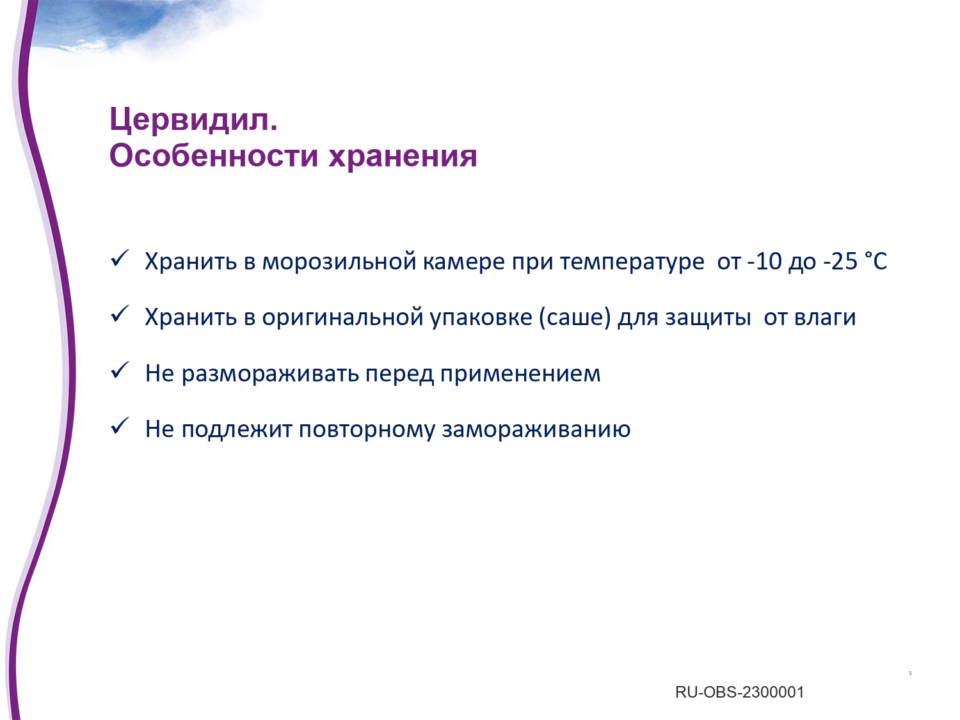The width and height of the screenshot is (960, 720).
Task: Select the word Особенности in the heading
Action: (x=213, y=156)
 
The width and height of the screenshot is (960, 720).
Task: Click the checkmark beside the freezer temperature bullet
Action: (x=120, y=258)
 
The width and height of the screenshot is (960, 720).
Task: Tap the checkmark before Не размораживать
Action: (x=120, y=370)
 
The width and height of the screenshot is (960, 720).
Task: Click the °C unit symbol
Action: (x=876, y=261)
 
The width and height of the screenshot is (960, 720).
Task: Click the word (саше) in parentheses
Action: (x=575, y=317)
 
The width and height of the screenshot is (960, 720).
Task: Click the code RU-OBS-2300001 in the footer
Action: (x=740, y=692)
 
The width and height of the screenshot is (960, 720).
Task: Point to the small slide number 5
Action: (x=910, y=673)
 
